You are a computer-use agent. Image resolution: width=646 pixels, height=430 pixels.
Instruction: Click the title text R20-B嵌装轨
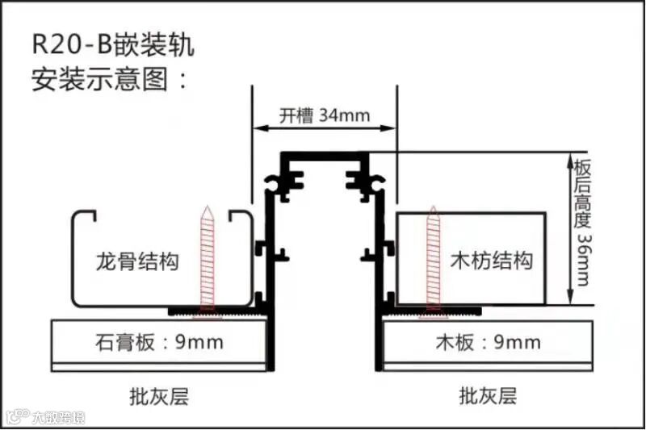tap(112, 44)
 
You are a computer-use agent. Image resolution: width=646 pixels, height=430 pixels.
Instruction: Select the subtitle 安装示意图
tap(110, 80)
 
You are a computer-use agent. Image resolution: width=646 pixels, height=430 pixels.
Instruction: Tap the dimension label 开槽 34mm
tap(325, 115)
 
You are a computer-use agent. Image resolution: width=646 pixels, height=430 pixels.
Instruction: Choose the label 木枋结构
tap(491, 261)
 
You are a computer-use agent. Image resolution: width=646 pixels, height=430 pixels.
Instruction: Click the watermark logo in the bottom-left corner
tap(16, 418)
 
